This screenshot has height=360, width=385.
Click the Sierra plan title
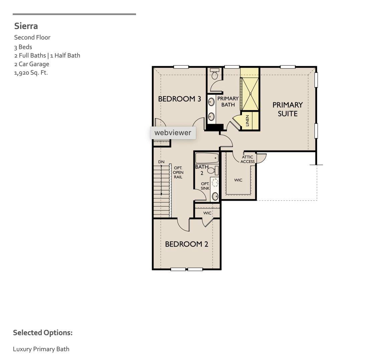pyautogui.click(x=26, y=26)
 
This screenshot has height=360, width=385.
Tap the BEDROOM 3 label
pyautogui.click(x=179, y=99)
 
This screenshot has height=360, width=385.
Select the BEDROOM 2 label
pyautogui.click(x=186, y=244)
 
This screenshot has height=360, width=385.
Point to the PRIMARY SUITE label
pyautogui.click(x=287, y=109)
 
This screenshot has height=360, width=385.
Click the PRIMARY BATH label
pyautogui.click(x=228, y=101)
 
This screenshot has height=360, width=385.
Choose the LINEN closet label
pyautogui.click(x=248, y=121)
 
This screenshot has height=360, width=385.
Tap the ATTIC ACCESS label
pyautogui.click(x=248, y=159)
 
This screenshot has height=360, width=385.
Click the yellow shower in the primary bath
pyautogui.click(x=250, y=93)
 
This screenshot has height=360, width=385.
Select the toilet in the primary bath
pyautogui.click(x=215, y=74)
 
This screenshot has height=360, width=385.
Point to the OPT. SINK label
pyautogui.click(x=205, y=186)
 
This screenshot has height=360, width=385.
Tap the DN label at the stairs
pyautogui.click(x=161, y=162)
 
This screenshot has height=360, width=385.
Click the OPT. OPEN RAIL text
pyautogui.click(x=178, y=172)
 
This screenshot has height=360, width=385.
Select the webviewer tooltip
pyautogui.click(x=173, y=133)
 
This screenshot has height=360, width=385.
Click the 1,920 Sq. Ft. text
pyautogui.click(x=31, y=73)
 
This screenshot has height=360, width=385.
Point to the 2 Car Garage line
pyautogui.click(x=31, y=64)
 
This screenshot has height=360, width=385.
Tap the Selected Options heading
pyautogui.click(x=43, y=333)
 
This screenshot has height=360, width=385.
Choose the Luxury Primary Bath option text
pyautogui.click(x=41, y=349)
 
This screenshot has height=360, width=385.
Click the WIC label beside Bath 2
pyautogui.click(x=238, y=180)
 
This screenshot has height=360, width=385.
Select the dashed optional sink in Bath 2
pyautogui.click(x=215, y=183)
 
